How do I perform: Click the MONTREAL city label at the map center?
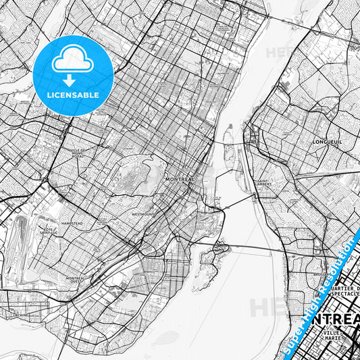(179, 180)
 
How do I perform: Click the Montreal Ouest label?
(76, 279)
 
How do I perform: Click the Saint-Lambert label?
(265, 183)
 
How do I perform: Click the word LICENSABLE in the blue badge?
(72, 95)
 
